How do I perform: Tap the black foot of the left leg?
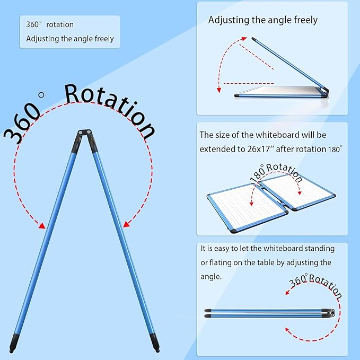(14, 343)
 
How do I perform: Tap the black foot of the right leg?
(154, 343)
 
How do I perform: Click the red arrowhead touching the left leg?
(42, 226)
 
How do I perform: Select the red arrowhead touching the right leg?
(127, 224)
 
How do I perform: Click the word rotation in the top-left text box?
(60, 24)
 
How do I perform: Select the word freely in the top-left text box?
(104, 39)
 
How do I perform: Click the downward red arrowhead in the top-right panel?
(219, 90)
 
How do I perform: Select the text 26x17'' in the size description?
(261, 149)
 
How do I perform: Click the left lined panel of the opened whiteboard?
(247, 207)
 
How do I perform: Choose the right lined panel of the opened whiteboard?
(298, 191)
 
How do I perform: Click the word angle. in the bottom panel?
(211, 277)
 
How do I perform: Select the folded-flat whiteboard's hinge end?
(331, 313)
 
